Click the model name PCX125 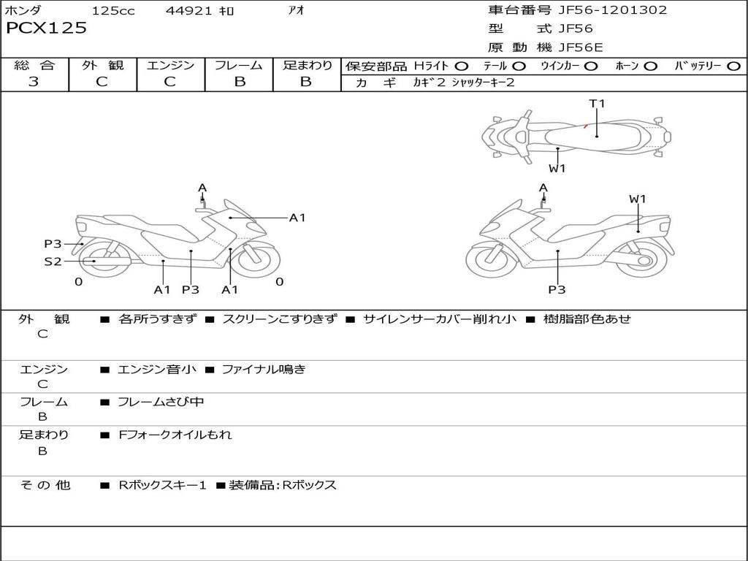pyautogui.click(x=47, y=28)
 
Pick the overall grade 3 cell pyautogui.click(x=34, y=82)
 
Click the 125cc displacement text pyautogui.click(x=113, y=11)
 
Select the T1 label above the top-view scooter pyautogui.click(x=597, y=104)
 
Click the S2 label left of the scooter pyautogui.click(x=53, y=261)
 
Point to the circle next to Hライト pyautogui.click(x=462, y=66)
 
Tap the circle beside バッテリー pyautogui.click(x=733, y=66)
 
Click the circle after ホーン pyautogui.click(x=651, y=66)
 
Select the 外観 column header pyautogui.click(x=102, y=65)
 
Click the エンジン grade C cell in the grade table pyautogui.click(x=170, y=82)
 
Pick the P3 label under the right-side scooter pyautogui.click(x=557, y=290)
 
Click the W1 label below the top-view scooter pyautogui.click(x=557, y=169)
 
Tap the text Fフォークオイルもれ pyautogui.click(x=175, y=435)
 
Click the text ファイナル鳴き pyautogui.click(x=263, y=370)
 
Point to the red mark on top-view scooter pyautogui.click(x=586, y=126)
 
